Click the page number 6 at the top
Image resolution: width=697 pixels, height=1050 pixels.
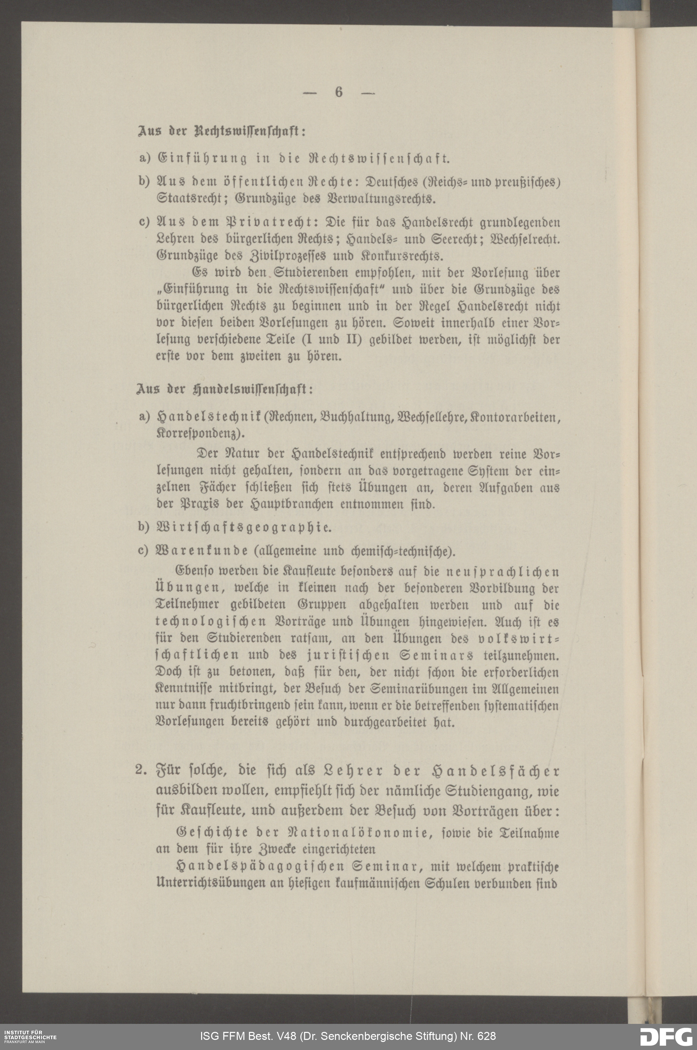pyautogui.click(x=339, y=92)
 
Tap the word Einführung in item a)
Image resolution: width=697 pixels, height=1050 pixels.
pyautogui.click(x=202, y=158)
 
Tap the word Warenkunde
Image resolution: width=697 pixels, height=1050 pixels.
pyautogui.click(x=202, y=551)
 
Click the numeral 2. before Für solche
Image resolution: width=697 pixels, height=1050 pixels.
pyautogui.click(x=141, y=770)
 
